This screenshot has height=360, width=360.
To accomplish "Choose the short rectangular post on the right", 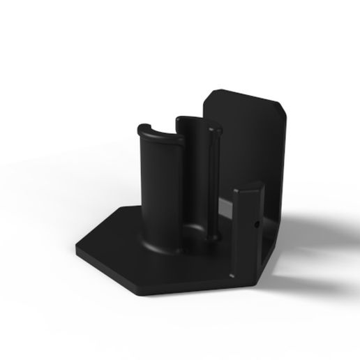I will click(248, 230).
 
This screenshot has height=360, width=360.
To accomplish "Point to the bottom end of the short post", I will click(246, 279).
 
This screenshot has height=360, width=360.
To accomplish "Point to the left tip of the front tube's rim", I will click(140, 128).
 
